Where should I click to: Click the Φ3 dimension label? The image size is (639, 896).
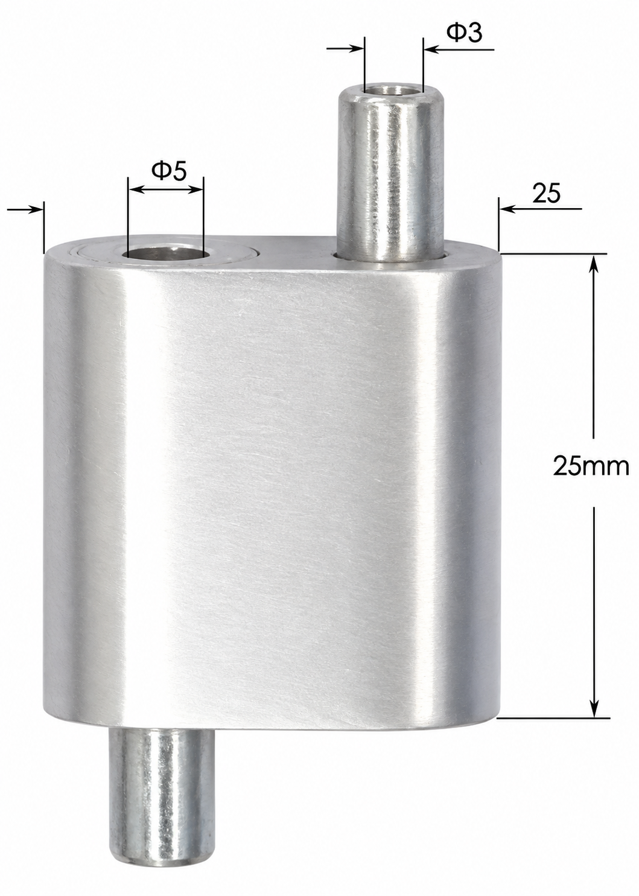point(464,34)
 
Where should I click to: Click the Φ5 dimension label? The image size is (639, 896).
point(169,171)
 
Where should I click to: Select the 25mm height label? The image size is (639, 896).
point(591,466)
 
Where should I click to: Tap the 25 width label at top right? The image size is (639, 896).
point(547,195)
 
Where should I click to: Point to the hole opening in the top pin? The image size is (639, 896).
point(394,89)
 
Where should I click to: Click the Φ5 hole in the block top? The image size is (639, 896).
point(165,253)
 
